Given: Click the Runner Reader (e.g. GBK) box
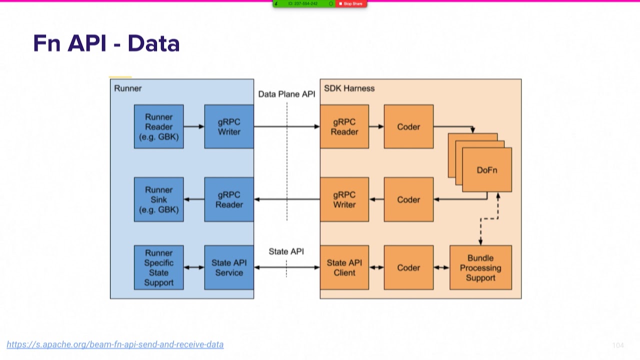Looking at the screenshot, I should [x=158, y=126].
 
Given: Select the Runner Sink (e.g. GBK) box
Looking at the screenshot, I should [x=158, y=199].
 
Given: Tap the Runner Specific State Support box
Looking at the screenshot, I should [x=158, y=267].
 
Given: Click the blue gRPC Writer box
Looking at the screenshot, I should [x=229, y=126].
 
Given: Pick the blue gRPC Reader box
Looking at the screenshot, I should [x=229, y=199].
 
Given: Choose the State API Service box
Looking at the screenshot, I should [x=229, y=267].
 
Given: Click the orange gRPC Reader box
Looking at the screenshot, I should [x=344, y=126].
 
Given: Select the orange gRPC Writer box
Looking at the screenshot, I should [x=344, y=199].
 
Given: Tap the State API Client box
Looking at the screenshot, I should [x=344, y=267].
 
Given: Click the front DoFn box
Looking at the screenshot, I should [x=487, y=170].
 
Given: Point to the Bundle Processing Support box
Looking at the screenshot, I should [x=480, y=267].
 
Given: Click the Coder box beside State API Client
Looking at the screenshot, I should [x=408, y=267].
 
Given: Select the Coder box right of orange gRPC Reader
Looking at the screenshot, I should [x=408, y=126].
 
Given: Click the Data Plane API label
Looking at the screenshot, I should [x=286, y=94].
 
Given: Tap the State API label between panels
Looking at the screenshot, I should [x=286, y=251].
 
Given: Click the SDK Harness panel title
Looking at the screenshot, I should [x=349, y=88].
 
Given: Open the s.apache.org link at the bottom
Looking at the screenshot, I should [x=115, y=344].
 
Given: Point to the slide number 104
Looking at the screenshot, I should [x=618, y=345].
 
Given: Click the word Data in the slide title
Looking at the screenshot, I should [x=153, y=43].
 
